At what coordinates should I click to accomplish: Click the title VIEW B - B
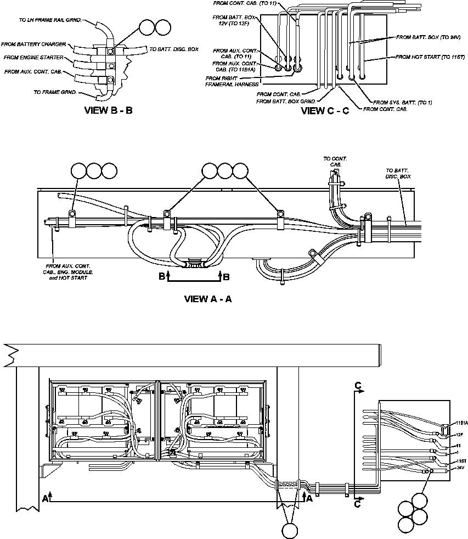pos(108,110)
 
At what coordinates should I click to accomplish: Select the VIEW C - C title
pos(325,110)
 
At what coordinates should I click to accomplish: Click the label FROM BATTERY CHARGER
pos(33,44)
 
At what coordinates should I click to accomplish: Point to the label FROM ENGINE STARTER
pos(33,57)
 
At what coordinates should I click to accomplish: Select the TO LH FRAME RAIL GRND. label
pos(50,20)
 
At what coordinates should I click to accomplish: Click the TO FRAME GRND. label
pos(55,92)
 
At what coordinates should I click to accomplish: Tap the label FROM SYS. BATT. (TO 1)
pos(402,102)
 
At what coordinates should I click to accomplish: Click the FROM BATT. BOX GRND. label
pos(285,102)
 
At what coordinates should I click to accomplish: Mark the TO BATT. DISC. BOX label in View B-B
pos(174,49)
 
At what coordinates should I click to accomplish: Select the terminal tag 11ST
pos(461,460)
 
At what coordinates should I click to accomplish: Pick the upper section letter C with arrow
pos(358,387)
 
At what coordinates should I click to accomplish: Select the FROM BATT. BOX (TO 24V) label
pos(427,37)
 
